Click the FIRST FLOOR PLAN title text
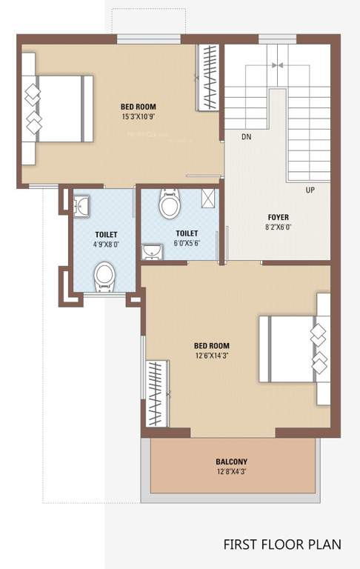tap(282, 545)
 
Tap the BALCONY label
tap(232, 461)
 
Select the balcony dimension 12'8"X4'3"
tap(232, 472)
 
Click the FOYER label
tap(278, 218)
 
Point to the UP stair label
tap(310, 190)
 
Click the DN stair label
tap(246, 137)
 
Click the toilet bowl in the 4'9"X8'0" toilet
tap(104, 276)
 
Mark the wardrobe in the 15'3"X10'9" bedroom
tap(208, 79)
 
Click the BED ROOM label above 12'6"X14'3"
tap(211, 345)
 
